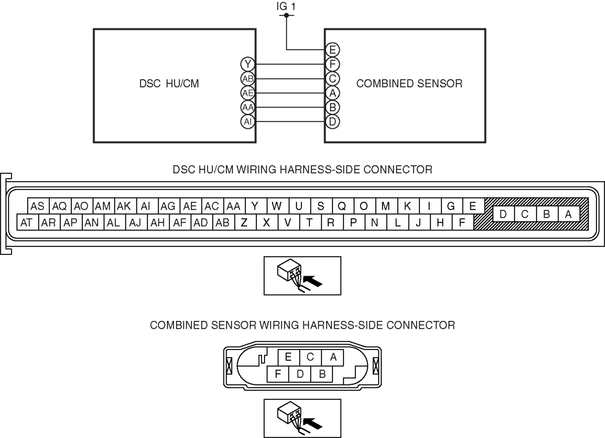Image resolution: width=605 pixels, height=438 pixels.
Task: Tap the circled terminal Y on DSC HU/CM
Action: pyautogui.click(x=247, y=64)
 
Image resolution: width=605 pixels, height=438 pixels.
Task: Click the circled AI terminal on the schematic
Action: pyautogui.click(x=247, y=122)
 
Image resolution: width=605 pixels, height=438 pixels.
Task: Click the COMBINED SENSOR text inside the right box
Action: pyautogui.click(x=409, y=83)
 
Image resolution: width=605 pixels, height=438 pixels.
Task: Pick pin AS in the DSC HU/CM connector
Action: pyautogui.click(x=38, y=206)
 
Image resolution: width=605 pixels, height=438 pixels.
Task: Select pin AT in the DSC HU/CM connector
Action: pyautogui.click(x=27, y=223)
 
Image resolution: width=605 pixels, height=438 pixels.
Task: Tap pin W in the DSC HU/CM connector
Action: pyautogui.click(x=277, y=206)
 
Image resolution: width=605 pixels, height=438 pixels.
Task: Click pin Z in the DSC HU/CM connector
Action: pyautogui.click(x=244, y=223)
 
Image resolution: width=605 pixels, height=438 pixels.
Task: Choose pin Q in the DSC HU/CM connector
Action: pyautogui.click(x=342, y=206)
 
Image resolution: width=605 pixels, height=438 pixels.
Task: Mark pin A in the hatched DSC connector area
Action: pyautogui.click(x=568, y=214)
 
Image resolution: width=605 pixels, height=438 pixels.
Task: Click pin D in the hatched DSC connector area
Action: pyautogui.click(x=503, y=214)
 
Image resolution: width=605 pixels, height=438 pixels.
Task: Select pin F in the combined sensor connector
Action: pyautogui.click(x=278, y=373)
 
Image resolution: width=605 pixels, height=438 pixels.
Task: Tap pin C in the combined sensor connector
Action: pyautogui.click(x=311, y=356)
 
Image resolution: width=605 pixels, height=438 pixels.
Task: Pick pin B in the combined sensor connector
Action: pyautogui.click(x=322, y=373)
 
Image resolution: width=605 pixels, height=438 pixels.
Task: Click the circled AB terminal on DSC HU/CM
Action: pyautogui.click(x=247, y=78)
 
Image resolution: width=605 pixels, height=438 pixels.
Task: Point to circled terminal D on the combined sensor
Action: pyautogui.click(x=333, y=122)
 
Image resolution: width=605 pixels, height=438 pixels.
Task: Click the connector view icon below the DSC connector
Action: pyautogui.click(x=302, y=276)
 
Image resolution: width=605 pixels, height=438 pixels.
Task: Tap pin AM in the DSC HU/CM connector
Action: pyautogui.click(x=103, y=206)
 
